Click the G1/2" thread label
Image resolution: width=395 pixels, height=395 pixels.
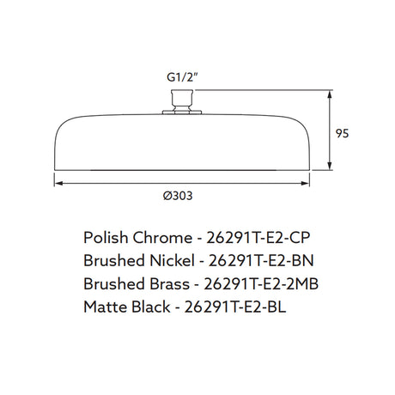(x=182, y=77)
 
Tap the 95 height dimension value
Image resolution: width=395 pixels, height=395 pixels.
(x=343, y=133)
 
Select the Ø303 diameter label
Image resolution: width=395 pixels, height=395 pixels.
(x=178, y=196)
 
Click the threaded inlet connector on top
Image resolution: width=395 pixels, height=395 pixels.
(x=182, y=100)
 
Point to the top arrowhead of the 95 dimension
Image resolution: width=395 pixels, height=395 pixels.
(x=330, y=94)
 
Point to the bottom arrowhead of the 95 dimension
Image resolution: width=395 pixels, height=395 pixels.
(x=330, y=166)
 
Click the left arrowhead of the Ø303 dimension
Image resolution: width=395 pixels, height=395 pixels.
(x=58, y=184)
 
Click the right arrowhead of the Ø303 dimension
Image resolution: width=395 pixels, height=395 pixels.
(x=305, y=184)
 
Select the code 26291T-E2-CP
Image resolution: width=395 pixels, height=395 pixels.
(x=258, y=238)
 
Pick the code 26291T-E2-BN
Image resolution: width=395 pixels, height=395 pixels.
(x=261, y=261)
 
